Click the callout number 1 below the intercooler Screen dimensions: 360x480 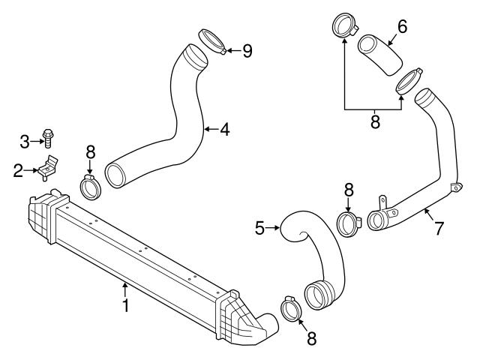(125, 306)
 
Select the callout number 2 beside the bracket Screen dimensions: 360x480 (17, 170)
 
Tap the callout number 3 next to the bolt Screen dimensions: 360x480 (24, 141)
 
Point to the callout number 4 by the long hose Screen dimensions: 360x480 (223, 130)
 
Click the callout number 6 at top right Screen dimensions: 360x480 (402, 26)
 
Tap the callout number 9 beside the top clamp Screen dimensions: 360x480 (247, 51)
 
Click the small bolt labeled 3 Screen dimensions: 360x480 (47, 136)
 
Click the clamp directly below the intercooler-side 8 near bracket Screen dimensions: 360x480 (91, 187)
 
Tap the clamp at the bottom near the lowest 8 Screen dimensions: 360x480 (291, 308)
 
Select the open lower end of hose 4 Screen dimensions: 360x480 (118, 175)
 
